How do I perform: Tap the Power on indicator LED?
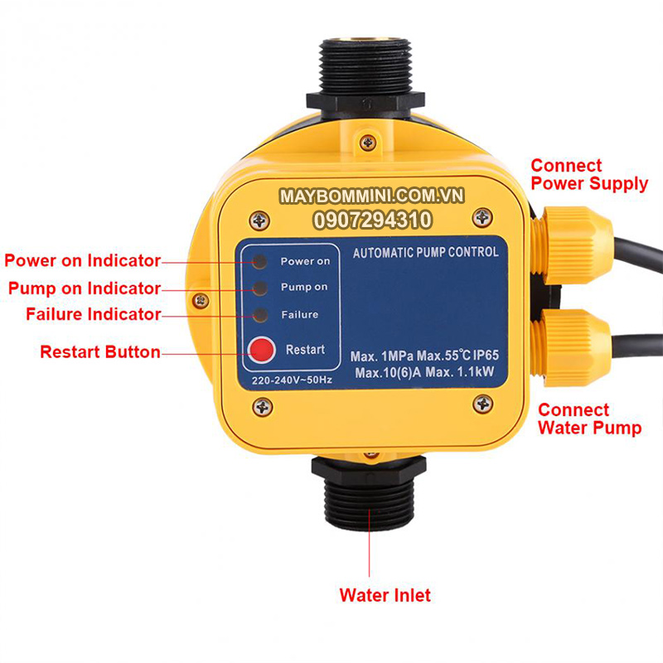(x=261, y=261)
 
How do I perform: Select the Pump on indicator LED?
(x=261, y=288)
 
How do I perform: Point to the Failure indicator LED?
(x=261, y=315)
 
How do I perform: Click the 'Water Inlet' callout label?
(x=385, y=595)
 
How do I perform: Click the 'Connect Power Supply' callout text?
(x=588, y=175)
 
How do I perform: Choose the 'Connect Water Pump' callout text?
(x=589, y=419)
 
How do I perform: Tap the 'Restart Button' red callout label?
(x=100, y=352)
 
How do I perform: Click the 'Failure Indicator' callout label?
(x=93, y=315)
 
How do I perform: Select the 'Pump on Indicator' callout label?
(x=84, y=288)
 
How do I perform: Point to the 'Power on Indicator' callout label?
(x=82, y=261)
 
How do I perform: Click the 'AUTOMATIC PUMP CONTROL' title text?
(x=426, y=252)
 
